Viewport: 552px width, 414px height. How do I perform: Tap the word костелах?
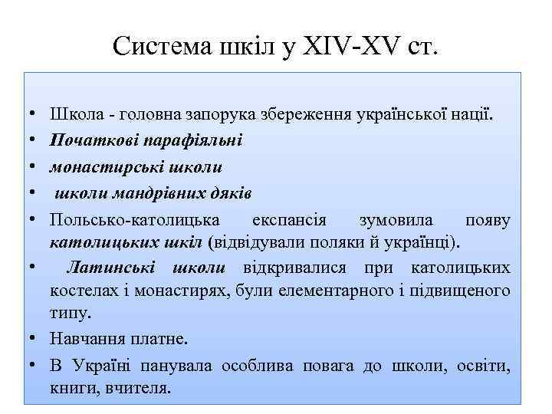point(80,291)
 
